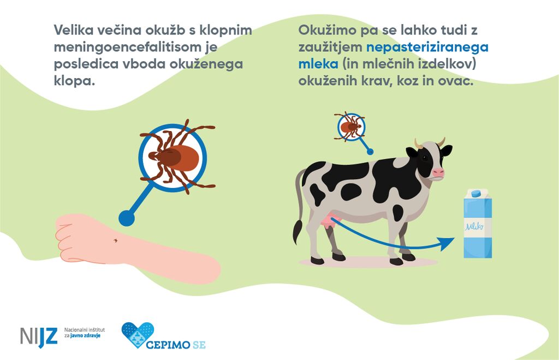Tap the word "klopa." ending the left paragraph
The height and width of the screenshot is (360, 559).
point(74,81)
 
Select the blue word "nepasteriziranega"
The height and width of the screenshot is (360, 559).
point(427,48)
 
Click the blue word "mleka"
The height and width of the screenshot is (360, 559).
point(318,64)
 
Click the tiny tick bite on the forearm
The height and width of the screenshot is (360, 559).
point(115,241)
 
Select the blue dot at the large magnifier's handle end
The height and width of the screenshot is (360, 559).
point(127,218)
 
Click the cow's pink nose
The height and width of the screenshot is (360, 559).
point(438,173)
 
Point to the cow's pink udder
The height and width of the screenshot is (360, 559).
point(328,221)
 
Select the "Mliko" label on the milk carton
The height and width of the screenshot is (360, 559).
point(474,226)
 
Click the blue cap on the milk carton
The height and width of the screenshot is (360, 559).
point(476,194)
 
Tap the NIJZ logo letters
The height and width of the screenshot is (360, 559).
point(39,337)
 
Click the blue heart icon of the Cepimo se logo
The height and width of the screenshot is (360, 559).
point(138,335)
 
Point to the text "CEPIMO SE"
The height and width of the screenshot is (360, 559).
point(176,345)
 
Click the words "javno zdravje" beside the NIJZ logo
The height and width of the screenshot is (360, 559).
point(85,336)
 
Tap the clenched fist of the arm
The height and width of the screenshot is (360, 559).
point(73,238)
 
